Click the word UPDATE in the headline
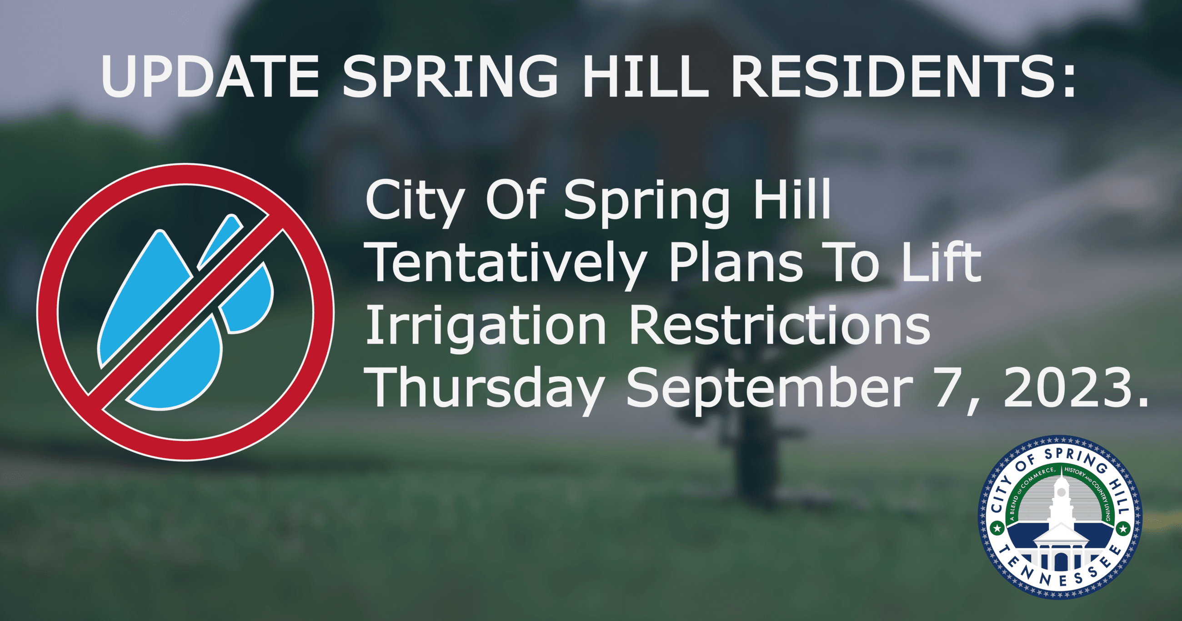(x=210, y=76)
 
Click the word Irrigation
(x=486, y=328)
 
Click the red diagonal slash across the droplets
(x=185, y=312)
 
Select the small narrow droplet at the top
(x=219, y=241)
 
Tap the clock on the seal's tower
(x=1061, y=492)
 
